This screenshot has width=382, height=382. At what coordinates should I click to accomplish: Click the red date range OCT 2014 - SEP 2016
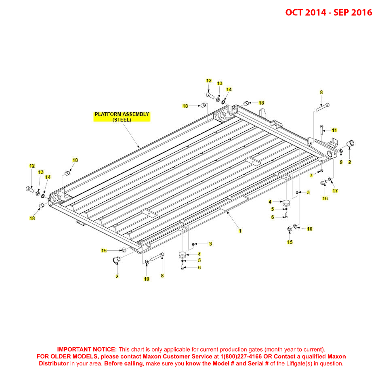click(x=328, y=13)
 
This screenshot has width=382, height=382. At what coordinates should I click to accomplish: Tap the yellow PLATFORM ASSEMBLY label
click(x=122, y=114)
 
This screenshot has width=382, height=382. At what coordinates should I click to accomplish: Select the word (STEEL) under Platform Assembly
click(x=122, y=120)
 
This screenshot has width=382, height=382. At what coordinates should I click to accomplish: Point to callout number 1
click(x=240, y=231)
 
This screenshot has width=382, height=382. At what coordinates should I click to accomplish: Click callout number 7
click(x=311, y=175)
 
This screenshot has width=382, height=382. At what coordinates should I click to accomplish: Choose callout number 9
click(x=341, y=162)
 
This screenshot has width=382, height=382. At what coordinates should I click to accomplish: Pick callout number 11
click(x=334, y=130)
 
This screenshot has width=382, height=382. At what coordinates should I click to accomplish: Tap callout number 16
click(x=325, y=198)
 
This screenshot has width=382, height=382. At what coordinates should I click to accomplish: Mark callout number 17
click(x=335, y=191)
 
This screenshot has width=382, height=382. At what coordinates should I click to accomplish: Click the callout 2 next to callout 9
click(x=350, y=162)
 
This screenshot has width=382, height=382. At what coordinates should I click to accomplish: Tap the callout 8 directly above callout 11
click(x=321, y=92)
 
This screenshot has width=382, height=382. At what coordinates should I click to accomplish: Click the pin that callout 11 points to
click(x=321, y=130)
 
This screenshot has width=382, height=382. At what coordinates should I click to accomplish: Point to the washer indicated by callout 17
click(x=330, y=179)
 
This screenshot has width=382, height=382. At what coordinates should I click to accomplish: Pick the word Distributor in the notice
click(x=54, y=363)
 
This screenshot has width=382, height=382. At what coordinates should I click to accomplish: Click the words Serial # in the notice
click(x=256, y=363)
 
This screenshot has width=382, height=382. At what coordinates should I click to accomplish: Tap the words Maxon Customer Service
click(x=177, y=357)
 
